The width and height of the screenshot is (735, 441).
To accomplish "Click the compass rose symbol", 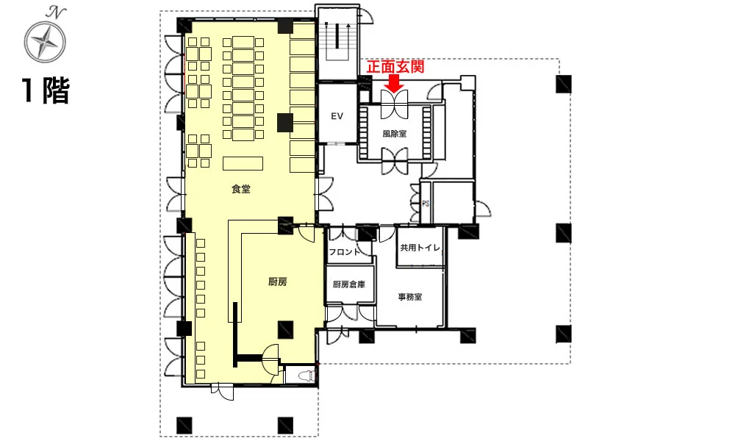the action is pyautogui.click(x=45, y=42).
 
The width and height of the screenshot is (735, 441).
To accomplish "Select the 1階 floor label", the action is pyautogui.click(x=46, y=90).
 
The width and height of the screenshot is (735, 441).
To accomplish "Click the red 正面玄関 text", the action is pyautogui.click(x=395, y=67).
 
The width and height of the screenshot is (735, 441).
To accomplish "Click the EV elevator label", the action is pyautogui.click(x=337, y=115).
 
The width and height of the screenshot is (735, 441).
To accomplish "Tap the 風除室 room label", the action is pyautogui.click(x=394, y=134).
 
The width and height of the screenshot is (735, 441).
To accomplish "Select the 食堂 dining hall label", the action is pyautogui.click(x=241, y=189).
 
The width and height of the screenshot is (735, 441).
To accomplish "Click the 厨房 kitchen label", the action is pyautogui.click(x=278, y=282).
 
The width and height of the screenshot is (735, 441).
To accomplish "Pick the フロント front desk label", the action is pyautogui.click(x=345, y=252).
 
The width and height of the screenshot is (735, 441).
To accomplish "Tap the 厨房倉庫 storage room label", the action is pyautogui.click(x=348, y=284).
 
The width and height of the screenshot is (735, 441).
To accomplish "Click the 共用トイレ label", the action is pyautogui.click(x=420, y=248).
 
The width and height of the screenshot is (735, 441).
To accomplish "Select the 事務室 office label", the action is pyautogui.click(x=410, y=297).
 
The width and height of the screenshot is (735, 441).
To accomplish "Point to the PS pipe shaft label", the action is pyautogui.click(x=426, y=204).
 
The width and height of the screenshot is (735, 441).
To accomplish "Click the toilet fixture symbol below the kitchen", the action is pyautogui.click(x=306, y=376).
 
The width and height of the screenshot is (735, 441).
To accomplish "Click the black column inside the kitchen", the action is pyautogui.click(x=285, y=329).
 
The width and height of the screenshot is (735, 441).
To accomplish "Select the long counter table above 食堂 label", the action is pyautogui.click(x=243, y=163).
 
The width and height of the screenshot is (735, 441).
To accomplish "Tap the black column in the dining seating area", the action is pyautogui.click(x=285, y=122).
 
